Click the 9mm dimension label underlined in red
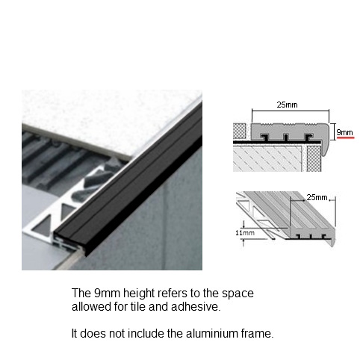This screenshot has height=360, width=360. point(344,132)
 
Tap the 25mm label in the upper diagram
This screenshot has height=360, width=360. point(287,105)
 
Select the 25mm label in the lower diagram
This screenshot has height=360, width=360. point(317,197)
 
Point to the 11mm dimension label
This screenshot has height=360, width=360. point(245,233)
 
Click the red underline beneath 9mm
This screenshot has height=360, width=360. point(345,137)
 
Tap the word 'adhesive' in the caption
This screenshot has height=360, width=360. point(196,306)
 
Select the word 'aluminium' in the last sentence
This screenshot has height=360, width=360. point(211,333)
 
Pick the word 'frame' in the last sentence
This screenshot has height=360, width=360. point(257,333)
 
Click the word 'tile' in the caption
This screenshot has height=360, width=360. point(137,306)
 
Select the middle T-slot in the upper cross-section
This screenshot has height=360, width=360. point(286,137)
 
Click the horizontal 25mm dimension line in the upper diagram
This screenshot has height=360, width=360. point(291,111)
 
